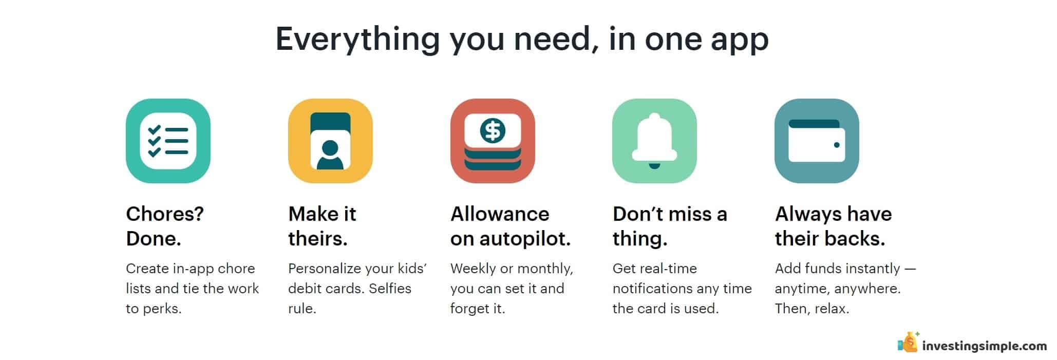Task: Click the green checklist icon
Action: click(x=168, y=141)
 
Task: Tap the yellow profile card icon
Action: click(x=330, y=141)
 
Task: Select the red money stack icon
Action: click(x=493, y=141)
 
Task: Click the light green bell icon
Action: click(x=654, y=141)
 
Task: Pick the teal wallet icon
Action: click(x=817, y=141)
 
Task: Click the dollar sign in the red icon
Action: click(x=493, y=130)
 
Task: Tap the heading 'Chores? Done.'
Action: click(x=165, y=226)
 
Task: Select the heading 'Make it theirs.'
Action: click(x=322, y=226)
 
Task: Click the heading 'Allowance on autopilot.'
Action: click(x=511, y=226)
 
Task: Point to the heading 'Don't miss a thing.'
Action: click(x=670, y=226)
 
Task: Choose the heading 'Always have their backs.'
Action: click(x=833, y=226)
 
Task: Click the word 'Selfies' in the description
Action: click(x=390, y=289)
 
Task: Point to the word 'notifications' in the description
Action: click(x=656, y=289)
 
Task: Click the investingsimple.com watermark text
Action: click(x=985, y=346)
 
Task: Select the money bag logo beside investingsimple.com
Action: click(x=908, y=343)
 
